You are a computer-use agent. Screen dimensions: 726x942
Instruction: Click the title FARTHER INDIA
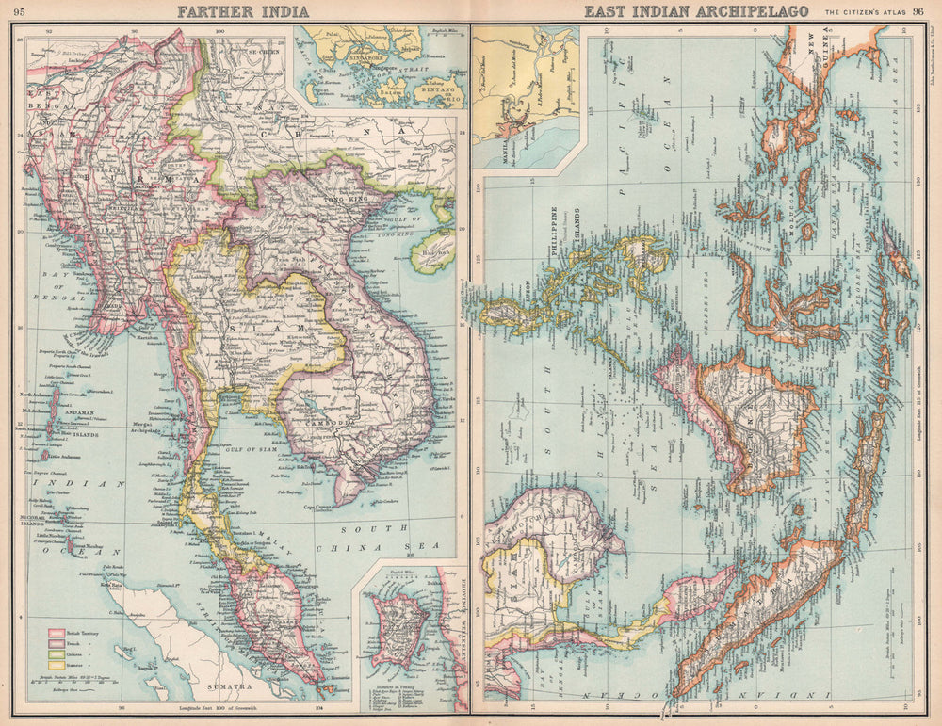coord(233,12)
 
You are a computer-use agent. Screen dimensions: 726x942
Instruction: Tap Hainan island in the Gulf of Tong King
coord(432,253)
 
